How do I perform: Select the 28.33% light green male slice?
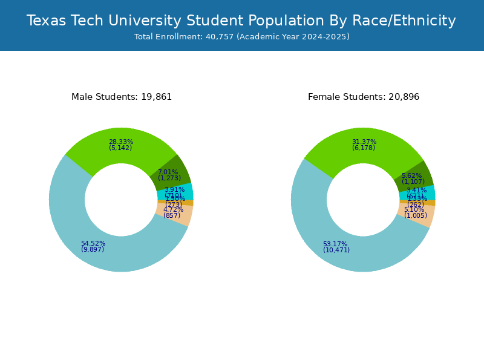pos(121,146)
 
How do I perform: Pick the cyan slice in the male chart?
pos(181,192)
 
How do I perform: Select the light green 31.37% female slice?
pos(363,146)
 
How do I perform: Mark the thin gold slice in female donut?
pos(429,203)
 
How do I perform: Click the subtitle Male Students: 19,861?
pos(122,97)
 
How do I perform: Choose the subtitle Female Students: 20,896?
pos(364,97)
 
